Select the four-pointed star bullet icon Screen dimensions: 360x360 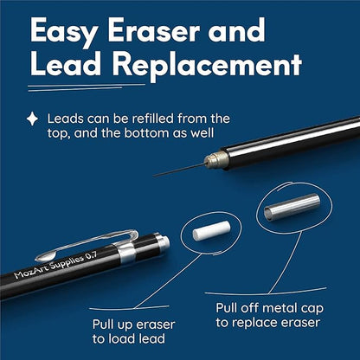32,119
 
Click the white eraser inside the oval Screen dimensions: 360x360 212,230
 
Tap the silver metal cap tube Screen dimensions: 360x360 292,207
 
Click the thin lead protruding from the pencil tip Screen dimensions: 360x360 179,170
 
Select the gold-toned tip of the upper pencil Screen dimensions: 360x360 214,160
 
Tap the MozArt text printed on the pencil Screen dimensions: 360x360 31,271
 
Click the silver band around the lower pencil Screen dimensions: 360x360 125,252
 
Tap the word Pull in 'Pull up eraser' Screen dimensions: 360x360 103,325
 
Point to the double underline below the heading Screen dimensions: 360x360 87,87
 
